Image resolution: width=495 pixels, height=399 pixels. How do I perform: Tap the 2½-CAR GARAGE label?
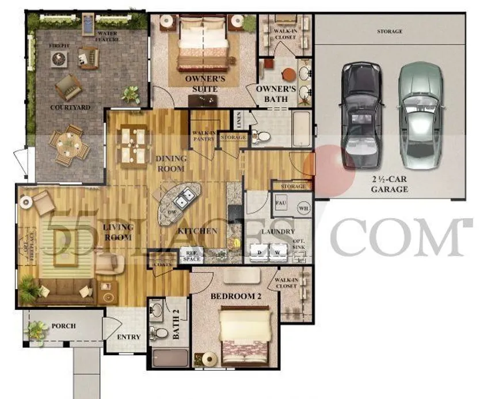pyautogui.click(x=390, y=184)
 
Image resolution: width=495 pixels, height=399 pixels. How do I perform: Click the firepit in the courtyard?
pyautogui.click(x=59, y=58)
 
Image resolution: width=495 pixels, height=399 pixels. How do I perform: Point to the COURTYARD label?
pyautogui.click(x=70, y=108)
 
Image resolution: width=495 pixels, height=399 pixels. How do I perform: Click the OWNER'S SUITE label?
pyautogui.click(x=201, y=84)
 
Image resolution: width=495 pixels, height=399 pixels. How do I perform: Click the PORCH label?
pyautogui.click(x=63, y=326)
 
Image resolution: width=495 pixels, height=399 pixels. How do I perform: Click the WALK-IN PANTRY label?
pyautogui.click(x=204, y=136)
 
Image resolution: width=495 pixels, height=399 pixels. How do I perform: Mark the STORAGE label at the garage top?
pyautogui.click(x=390, y=32)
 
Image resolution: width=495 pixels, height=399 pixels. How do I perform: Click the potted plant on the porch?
pyautogui.click(x=38, y=330)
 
